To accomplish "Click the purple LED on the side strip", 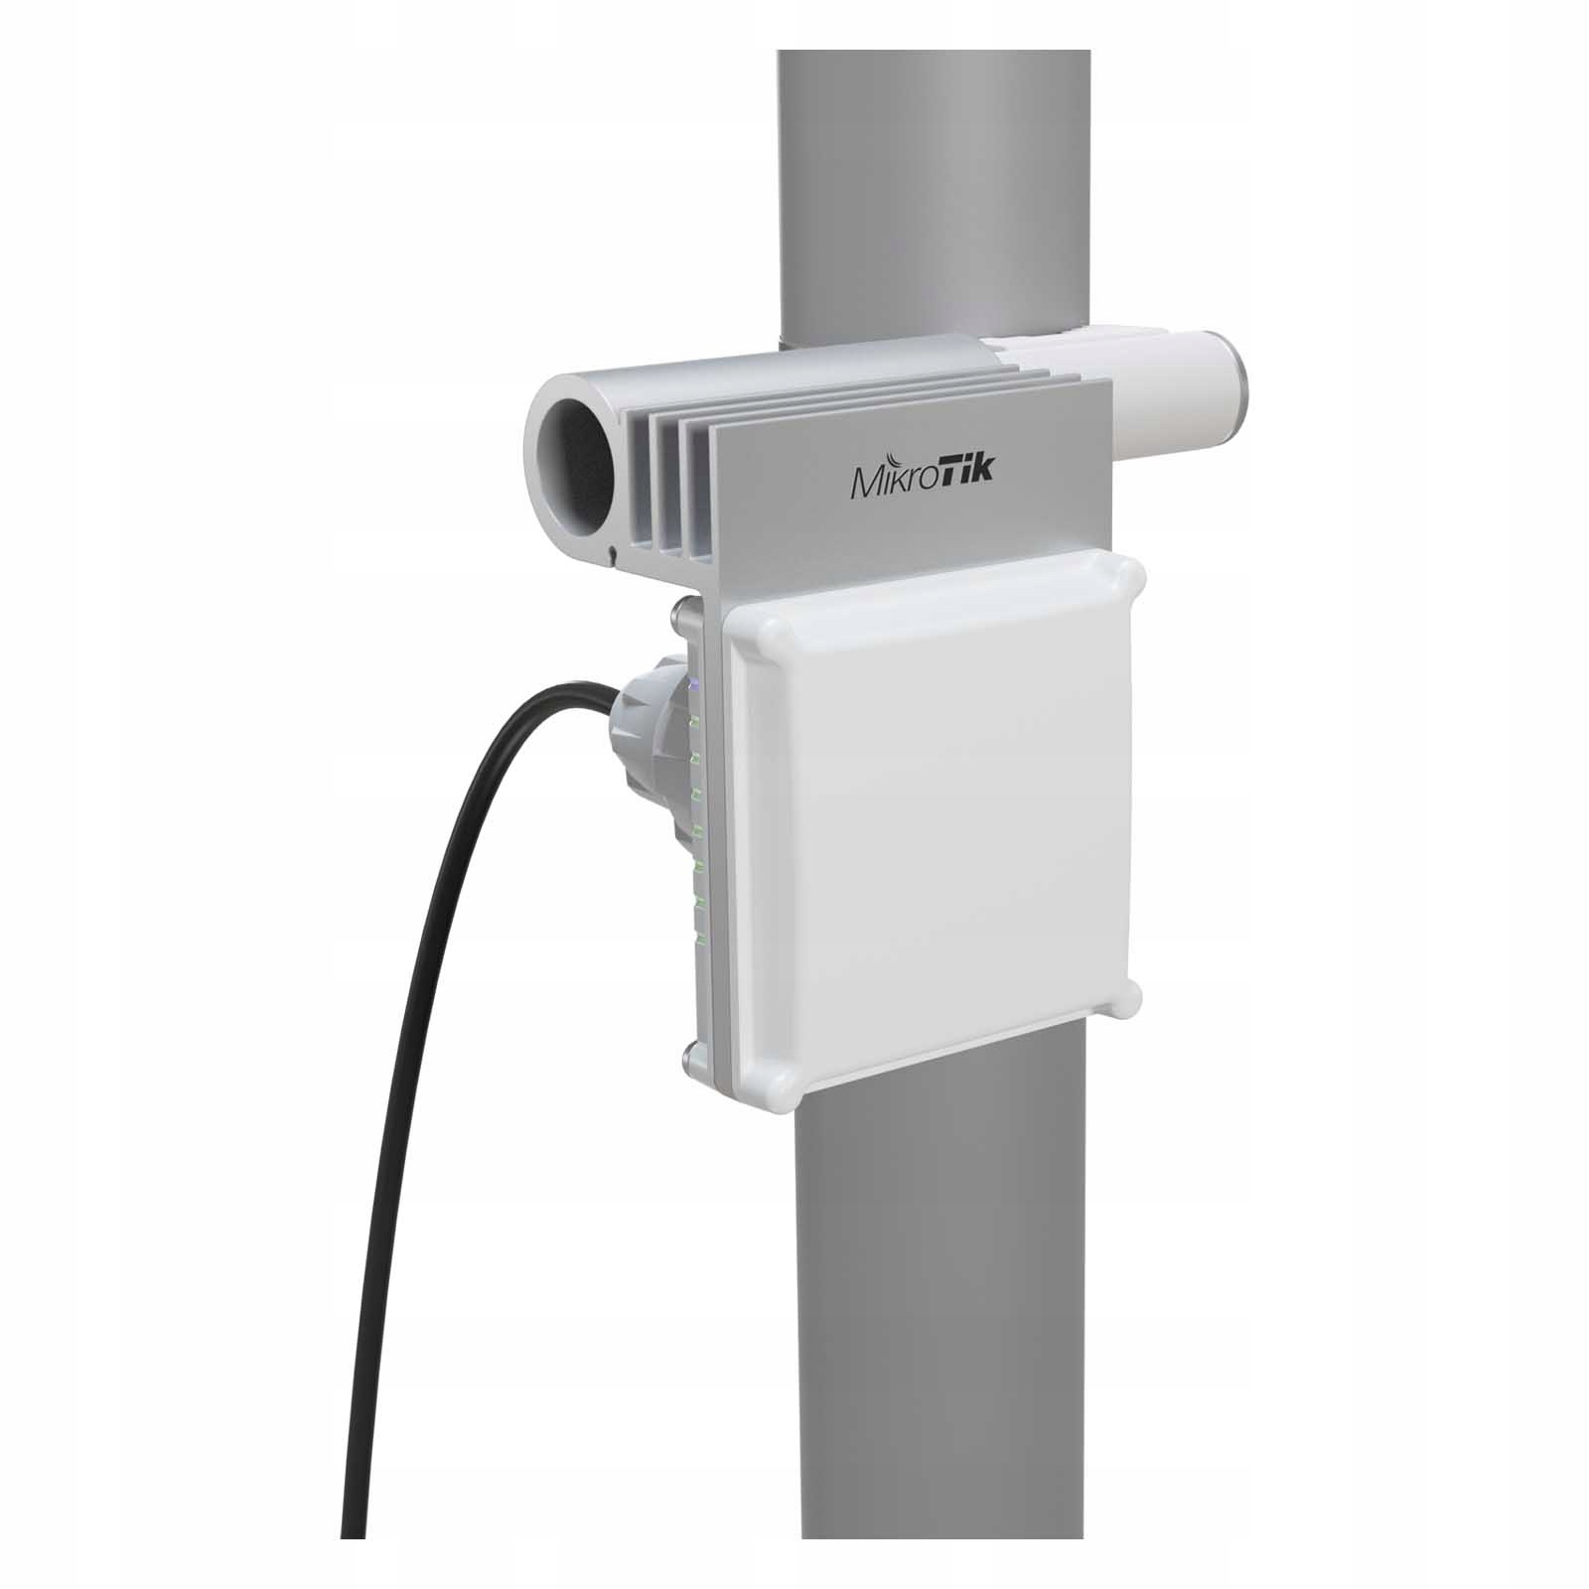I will tap(694, 684).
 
